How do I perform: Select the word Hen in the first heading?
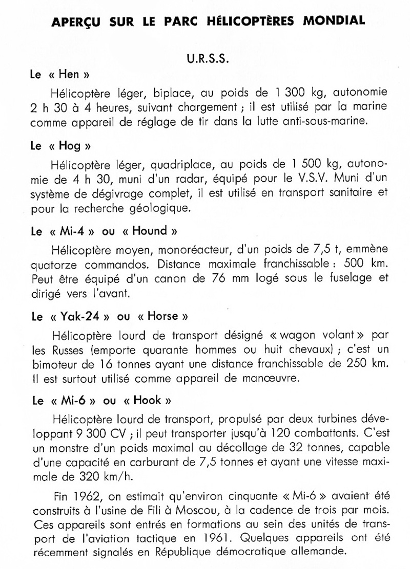coord(69,75)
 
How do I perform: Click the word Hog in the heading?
coord(70,145)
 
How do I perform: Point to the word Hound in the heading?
coord(150,231)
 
